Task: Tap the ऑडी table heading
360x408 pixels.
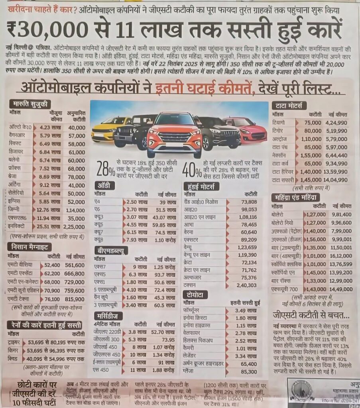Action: [x=106, y=185]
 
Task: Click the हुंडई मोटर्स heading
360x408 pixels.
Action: [x=201, y=186]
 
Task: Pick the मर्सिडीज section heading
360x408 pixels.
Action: [x=108, y=316]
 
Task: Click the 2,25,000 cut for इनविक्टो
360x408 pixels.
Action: [x=74, y=227]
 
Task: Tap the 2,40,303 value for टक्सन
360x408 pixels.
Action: [x=247, y=285]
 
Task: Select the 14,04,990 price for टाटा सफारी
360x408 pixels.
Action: [x=336, y=180]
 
